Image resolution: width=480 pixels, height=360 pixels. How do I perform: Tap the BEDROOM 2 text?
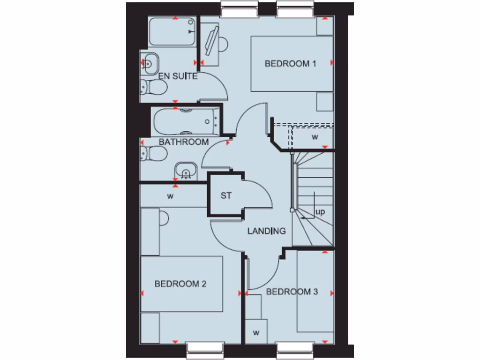coord(180,284)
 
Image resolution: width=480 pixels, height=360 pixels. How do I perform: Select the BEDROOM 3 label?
coord(292,292)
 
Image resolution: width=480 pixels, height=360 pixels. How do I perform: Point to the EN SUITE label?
coord(178,76)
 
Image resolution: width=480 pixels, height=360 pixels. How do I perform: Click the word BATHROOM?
coord(183,142)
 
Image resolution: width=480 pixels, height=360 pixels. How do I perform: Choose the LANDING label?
coord(266,231)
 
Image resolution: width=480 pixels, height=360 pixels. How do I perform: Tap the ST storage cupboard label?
coord(226,195)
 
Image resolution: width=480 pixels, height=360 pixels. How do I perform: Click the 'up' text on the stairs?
coord(320,212)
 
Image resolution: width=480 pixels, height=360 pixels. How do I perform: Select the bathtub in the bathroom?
coord(186,121)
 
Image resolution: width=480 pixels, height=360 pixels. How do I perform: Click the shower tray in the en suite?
coord(172,32)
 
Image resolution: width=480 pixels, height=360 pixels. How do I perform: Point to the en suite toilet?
coord(153,87)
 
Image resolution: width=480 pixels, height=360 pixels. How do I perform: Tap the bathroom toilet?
coord(153,154)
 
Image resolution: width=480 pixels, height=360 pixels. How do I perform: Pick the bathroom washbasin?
coord(185,171)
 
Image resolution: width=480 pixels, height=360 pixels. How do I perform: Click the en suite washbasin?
coord(150,63)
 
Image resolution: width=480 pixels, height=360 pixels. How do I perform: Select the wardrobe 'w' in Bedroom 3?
coord(256,333)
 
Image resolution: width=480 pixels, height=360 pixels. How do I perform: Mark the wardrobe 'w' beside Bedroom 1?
coord(315,137)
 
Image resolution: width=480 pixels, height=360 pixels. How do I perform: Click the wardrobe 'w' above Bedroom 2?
coord(170,196)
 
